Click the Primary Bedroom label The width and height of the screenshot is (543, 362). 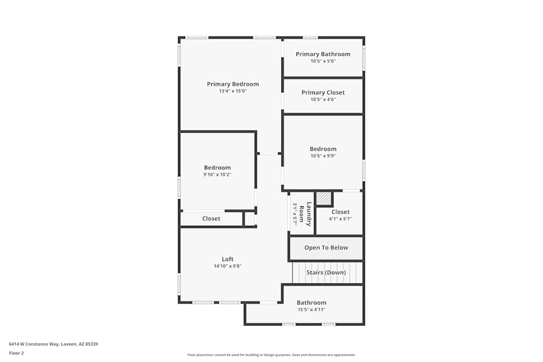coord(232,84)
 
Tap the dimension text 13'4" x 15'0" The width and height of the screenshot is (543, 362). coord(232,91)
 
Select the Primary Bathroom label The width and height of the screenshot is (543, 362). coord(323,54)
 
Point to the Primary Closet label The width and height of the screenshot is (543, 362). coord(323,93)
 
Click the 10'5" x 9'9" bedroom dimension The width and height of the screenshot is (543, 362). coord(323,156)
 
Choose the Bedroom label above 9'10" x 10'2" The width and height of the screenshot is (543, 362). coord(217,168)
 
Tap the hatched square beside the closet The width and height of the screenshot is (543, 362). coord(324,199)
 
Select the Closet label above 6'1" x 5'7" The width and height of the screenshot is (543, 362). coord(340,212)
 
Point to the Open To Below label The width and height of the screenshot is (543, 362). coord(326,247)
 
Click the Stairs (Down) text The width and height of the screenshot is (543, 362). coord(326,272)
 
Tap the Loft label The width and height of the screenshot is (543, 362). coord(228,259)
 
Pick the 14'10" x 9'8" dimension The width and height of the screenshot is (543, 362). coord(228,266)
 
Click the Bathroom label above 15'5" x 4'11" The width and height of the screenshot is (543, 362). coord(311,303)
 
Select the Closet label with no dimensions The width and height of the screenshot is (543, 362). coord(211,219)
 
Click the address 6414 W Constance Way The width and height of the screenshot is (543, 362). coord(53,344)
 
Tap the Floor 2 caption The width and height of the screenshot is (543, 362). coord(16,353)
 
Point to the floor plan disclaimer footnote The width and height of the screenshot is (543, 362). coord(271,354)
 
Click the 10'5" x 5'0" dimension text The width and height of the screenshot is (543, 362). coord(323,61)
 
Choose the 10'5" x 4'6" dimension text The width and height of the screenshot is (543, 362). coord(323,99)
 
